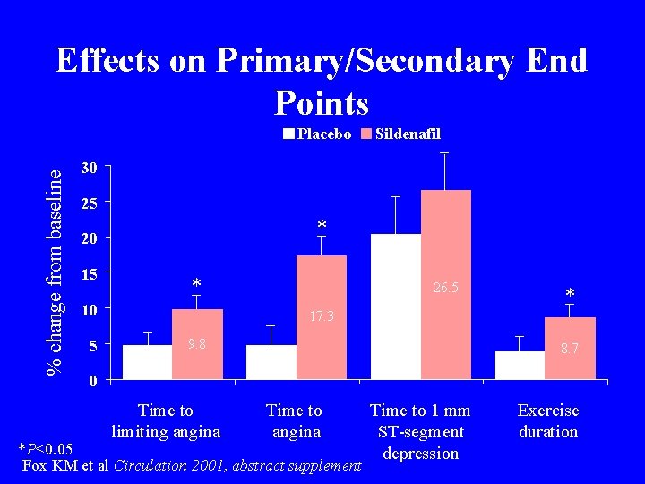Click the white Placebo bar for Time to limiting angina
(x=147, y=362)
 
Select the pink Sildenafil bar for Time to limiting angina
(x=197, y=344)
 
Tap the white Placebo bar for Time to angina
(x=271, y=362)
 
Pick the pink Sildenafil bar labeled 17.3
(x=321, y=317)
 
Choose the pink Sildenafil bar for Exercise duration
(x=570, y=349)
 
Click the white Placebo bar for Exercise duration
(x=520, y=366)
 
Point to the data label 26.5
(x=445, y=288)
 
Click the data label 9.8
(x=196, y=344)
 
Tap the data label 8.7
(x=571, y=350)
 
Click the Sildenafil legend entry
(x=400, y=134)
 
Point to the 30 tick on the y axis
(x=88, y=169)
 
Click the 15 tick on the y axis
(x=88, y=273)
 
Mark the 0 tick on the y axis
(x=91, y=380)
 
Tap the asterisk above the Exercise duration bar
(x=570, y=294)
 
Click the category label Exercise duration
(x=548, y=421)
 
